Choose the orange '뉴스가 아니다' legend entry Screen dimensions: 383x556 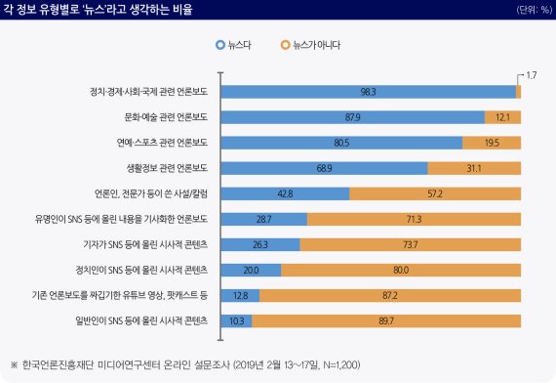coord(310,45)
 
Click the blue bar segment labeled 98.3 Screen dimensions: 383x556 coord(369,92)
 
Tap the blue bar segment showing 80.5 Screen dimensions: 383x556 coord(341,143)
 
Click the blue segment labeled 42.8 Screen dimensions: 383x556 coord(286,193)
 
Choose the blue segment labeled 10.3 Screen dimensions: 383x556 coord(237,320)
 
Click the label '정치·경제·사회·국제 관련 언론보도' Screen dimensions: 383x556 coord(149,92)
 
